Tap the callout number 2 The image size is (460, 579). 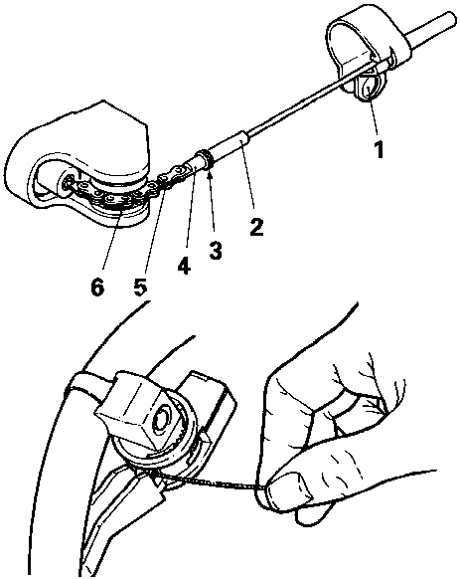pyautogui.click(x=256, y=227)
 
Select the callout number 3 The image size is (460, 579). pyautogui.click(x=215, y=250)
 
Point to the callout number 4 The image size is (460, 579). pyautogui.click(x=184, y=266)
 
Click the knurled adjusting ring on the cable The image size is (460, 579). pyautogui.click(x=207, y=158)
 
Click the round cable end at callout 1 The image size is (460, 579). pyautogui.click(x=369, y=88)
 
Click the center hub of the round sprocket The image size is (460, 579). pyautogui.click(x=162, y=419)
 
